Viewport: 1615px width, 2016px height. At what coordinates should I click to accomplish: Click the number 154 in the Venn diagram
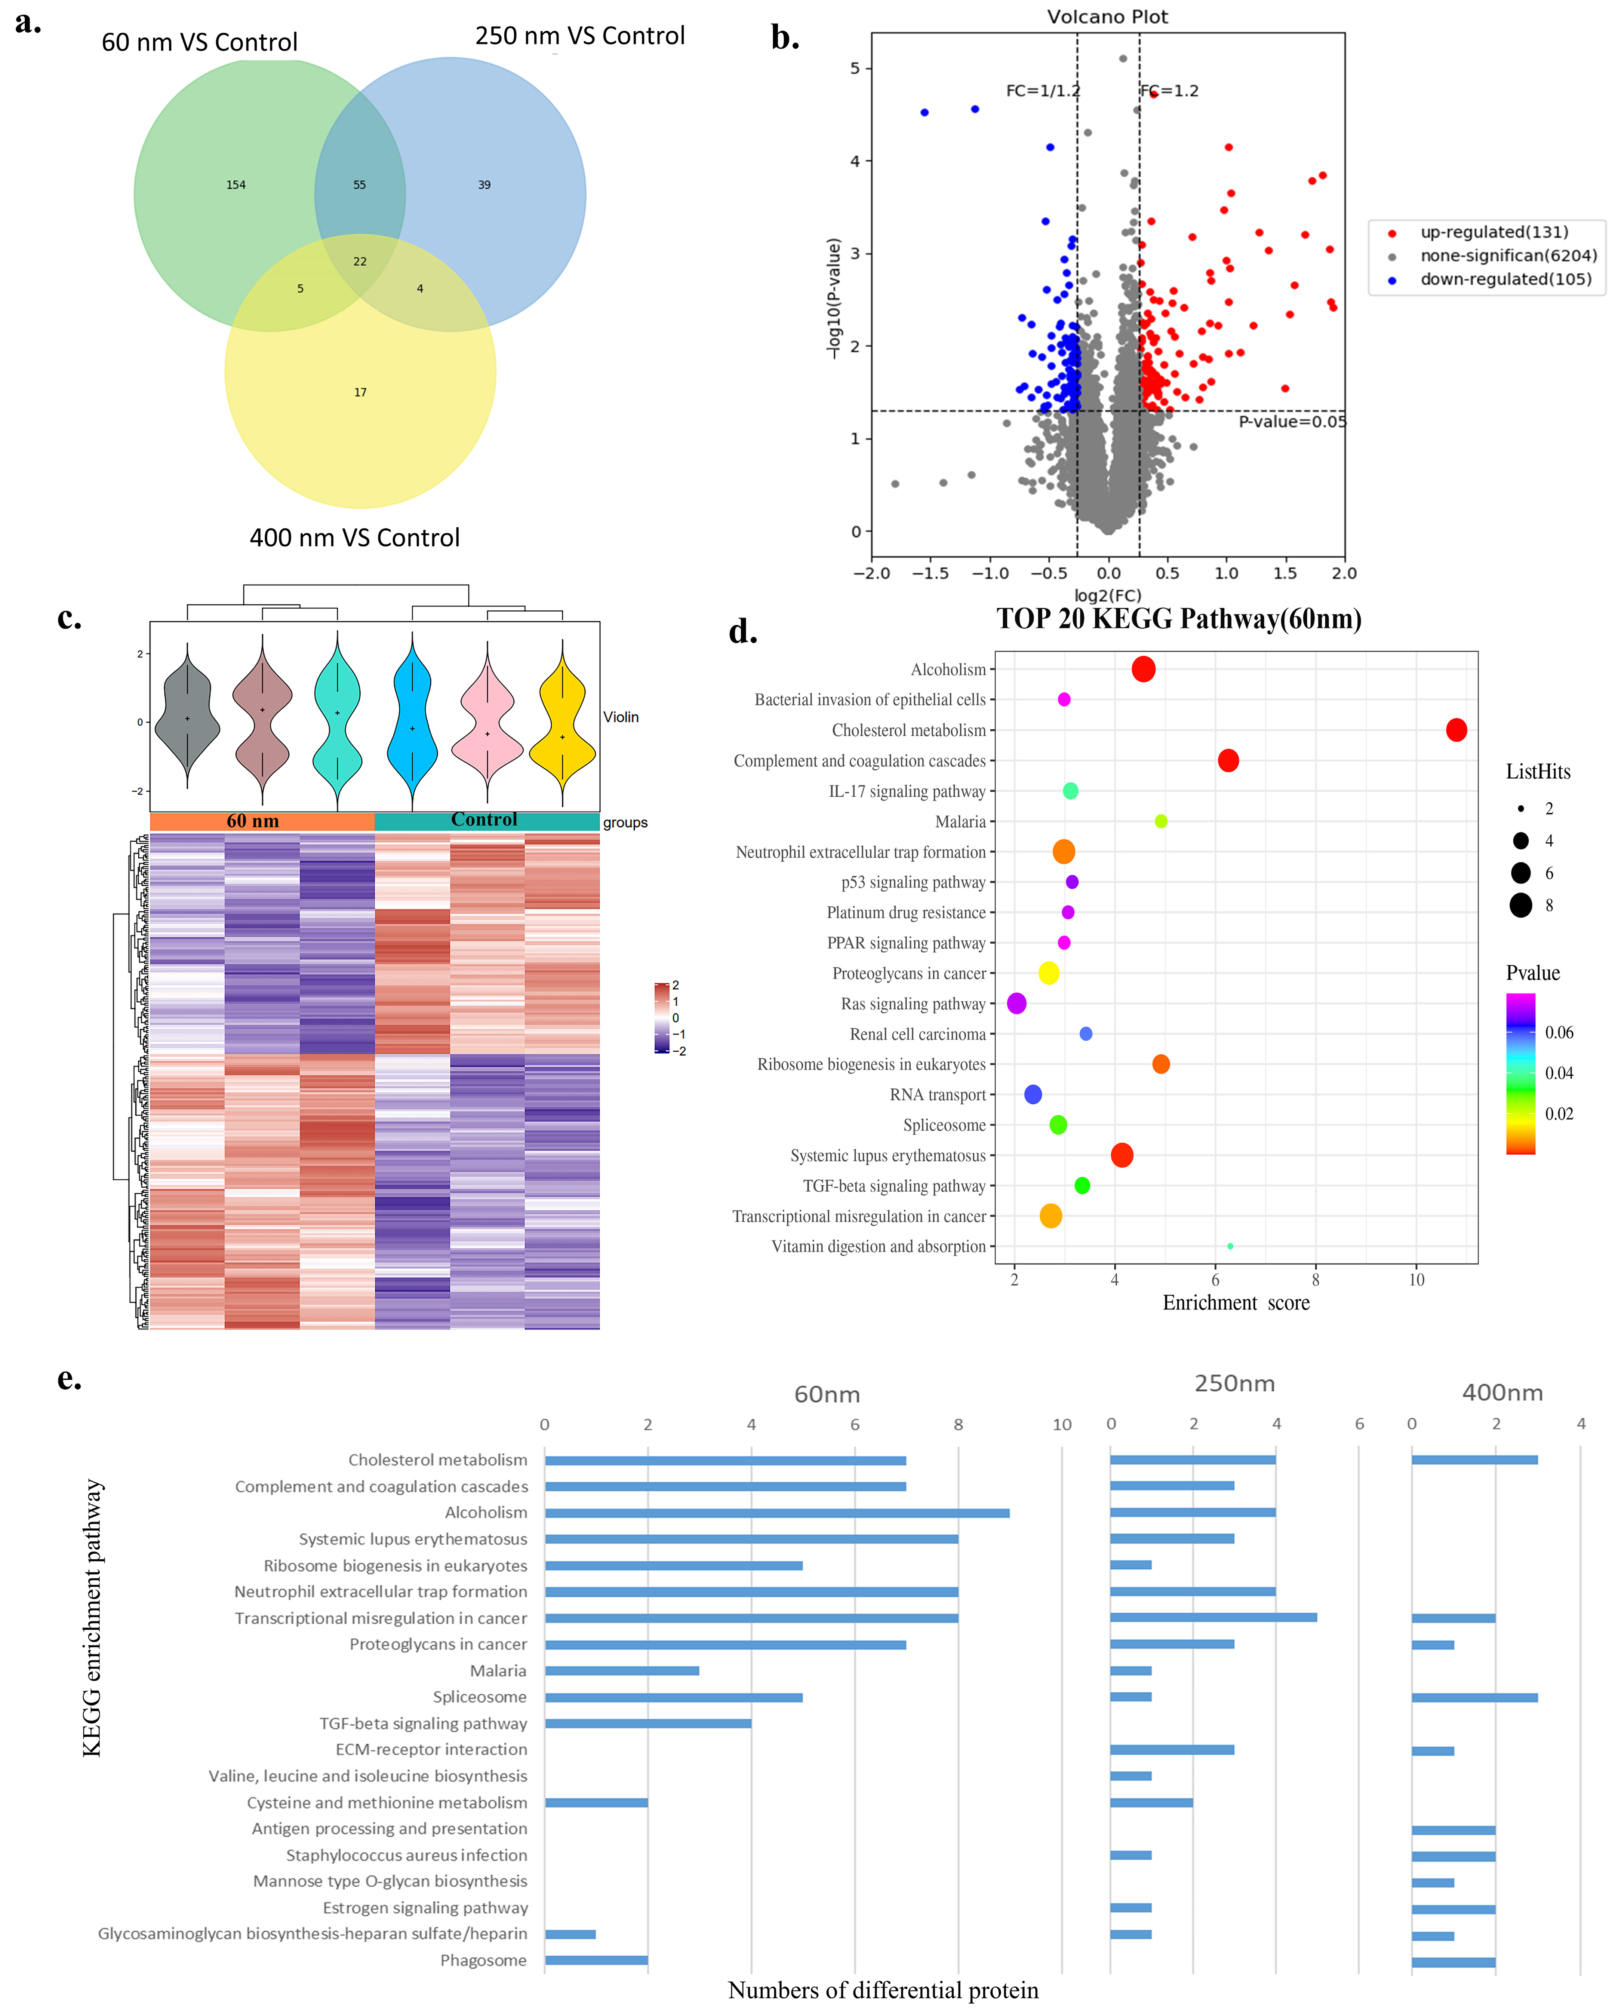[236, 185]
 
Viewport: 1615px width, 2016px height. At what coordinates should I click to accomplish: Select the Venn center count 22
[360, 262]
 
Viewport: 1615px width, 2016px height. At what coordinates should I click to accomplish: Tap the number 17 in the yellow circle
[360, 393]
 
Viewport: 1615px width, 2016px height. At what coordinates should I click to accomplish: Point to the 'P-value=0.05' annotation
[1292, 422]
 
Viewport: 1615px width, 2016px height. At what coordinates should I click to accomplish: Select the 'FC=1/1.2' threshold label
[1042, 91]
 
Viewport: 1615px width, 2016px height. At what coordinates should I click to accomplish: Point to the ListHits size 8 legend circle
[1521, 905]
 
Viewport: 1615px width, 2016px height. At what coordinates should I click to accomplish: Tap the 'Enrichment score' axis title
[1236, 1302]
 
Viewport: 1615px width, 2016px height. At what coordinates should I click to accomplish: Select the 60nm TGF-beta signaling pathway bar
[647, 1724]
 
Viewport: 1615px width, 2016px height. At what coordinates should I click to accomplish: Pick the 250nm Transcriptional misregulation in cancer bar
[1213, 1618]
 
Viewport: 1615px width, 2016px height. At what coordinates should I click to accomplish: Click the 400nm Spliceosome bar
[1474, 1697]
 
